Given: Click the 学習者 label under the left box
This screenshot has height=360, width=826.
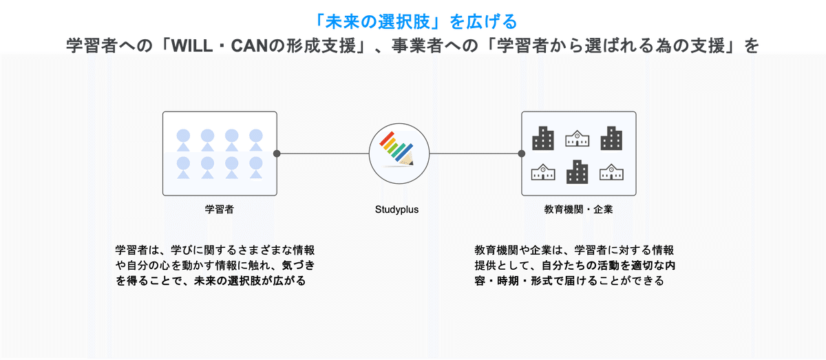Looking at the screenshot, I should [x=219, y=209].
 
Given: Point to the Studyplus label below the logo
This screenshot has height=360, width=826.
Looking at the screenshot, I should [x=396, y=209].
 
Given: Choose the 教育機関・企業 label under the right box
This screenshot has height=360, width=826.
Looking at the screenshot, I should [x=578, y=209].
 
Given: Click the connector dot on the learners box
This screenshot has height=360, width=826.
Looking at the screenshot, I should [x=277, y=153].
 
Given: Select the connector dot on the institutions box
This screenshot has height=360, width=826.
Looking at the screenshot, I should [x=521, y=153].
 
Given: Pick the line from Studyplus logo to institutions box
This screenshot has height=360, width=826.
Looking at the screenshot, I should [x=475, y=153].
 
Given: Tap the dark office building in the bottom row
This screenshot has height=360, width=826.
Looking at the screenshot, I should [x=577, y=172].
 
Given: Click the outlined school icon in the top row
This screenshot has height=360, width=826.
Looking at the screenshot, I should [x=577, y=138].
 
